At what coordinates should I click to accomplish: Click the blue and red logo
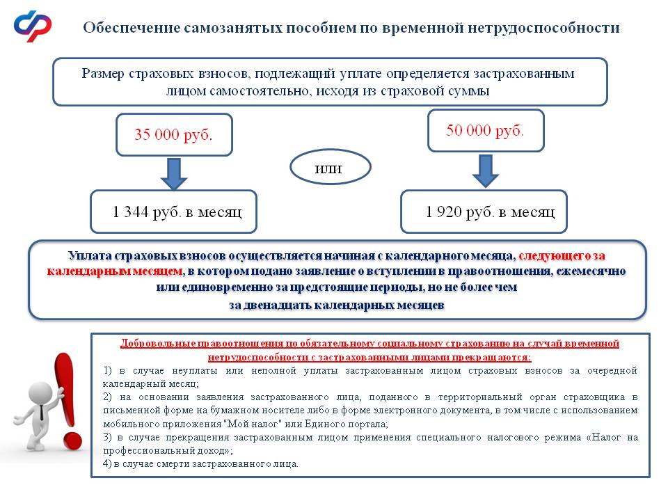tap(33, 26)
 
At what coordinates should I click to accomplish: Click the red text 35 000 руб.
tap(173, 134)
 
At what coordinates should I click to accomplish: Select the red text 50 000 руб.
tap(486, 130)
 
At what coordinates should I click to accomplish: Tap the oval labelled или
tap(331, 168)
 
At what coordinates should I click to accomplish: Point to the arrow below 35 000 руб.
tap(174, 173)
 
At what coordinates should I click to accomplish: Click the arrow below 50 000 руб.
tap(486, 170)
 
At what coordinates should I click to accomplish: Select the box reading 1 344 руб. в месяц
tap(174, 212)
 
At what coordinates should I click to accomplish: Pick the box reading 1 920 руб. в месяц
tap(484, 212)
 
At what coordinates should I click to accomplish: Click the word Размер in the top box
tap(102, 74)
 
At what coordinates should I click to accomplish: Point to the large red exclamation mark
tap(67, 400)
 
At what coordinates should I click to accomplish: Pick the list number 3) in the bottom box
tap(107, 438)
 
